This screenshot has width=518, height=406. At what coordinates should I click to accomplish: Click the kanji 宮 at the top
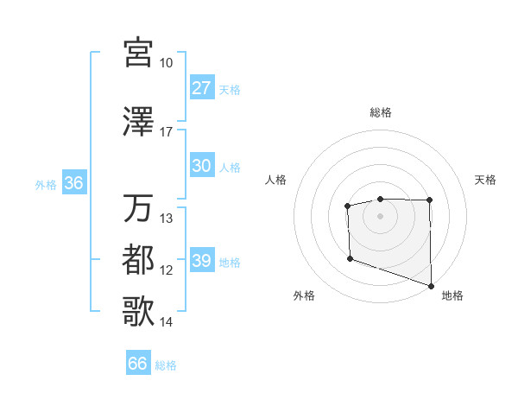click(x=139, y=52)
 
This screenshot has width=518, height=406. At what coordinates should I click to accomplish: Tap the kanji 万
click(x=139, y=208)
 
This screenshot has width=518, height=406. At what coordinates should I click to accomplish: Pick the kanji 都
click(x=139, y=260)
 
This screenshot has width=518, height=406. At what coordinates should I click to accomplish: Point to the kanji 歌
click(x=139, y=312)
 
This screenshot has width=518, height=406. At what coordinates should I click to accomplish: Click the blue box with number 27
click(x=202, y=88)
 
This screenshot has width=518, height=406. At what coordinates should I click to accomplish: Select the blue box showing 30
click(x=202, y=166)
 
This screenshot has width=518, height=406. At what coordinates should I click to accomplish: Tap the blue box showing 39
click(x=202, y=261)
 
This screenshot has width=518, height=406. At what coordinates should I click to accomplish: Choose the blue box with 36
click(x=73, y=183)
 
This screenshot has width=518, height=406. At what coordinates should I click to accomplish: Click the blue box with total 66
click(x=138, y=364)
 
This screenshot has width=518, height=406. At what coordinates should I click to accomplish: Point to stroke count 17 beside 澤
click(x=166, y=132)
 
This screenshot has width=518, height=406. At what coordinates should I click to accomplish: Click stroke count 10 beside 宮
click(x=166, y=63)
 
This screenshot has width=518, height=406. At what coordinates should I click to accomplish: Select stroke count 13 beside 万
click(x=167, y=219)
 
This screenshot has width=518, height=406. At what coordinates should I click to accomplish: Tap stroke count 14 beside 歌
click(x=166, y=322)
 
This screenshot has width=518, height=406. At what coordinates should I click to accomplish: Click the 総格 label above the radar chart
click(x=381, y=113)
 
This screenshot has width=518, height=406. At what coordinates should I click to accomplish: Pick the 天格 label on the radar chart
click(x=486, y=180)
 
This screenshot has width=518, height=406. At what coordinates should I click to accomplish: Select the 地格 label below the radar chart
click(x=452, y=296)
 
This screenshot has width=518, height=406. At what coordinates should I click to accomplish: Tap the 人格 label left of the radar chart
click(x=276, y=180)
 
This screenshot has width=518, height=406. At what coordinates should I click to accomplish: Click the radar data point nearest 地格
click(x=431, y=285)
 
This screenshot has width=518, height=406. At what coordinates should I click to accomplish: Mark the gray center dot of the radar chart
click(x=381, y=215)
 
